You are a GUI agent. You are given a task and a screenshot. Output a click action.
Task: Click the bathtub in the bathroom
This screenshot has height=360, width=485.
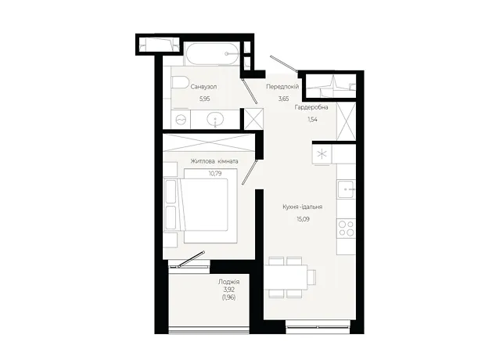[212, 53]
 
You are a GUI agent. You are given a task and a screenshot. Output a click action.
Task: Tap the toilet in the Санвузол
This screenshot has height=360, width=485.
[180, 83]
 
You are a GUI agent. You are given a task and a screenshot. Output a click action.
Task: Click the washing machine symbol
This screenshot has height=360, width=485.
[181, 120]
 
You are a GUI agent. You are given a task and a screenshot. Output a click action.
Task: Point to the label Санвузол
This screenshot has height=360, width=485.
[203, 87]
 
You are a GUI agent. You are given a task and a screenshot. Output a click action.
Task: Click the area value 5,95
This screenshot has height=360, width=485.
[205, 99]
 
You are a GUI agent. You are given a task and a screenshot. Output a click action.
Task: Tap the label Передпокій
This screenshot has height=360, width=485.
[282, 87]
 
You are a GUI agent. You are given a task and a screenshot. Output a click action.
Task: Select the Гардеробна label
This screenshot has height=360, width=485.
[311, 107]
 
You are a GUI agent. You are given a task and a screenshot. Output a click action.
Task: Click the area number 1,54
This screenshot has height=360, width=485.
[312, 120]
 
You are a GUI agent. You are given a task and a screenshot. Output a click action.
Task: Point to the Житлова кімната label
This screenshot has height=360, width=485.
[214, 161]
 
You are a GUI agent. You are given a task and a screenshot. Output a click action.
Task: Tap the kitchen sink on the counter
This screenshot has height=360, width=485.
[346, 189]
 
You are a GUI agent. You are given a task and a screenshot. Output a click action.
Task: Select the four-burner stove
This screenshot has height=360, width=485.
[346, 229]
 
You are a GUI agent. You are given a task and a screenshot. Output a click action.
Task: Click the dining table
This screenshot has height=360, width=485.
[286, 277]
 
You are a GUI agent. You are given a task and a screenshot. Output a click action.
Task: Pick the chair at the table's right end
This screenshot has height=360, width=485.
[312, 276]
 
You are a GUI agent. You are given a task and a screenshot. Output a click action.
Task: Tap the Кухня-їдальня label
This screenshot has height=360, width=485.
[303, 207]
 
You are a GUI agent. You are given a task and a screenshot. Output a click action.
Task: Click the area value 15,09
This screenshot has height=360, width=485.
[304, 219]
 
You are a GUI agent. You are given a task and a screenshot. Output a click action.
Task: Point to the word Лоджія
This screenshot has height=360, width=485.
[229, 282]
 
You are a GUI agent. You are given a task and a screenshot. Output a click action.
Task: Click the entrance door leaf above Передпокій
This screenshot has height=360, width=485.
[284, 63]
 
